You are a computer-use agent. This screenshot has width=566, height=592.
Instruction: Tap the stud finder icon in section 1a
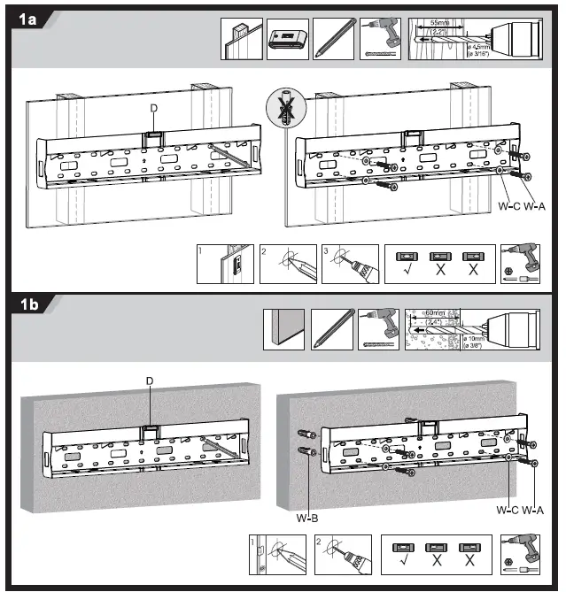pyautogui.click(x=288, y=40)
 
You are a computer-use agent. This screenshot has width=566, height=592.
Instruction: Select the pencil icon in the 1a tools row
pyautogui.click(x=336, y=40)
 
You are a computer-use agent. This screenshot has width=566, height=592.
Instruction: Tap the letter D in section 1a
pyautogui.click(x=154, y=109)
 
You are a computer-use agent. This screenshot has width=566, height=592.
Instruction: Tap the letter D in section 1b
pyautogui.click(x=149, y=381)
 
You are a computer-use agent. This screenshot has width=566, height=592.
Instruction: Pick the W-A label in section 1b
pyautogui.click(x=533, y=511)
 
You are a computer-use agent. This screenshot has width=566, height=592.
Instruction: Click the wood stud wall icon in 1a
pyautogui.click(x=242, y=40)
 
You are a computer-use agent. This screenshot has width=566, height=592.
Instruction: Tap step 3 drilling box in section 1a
pyautogui.click(x=350, y=264)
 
